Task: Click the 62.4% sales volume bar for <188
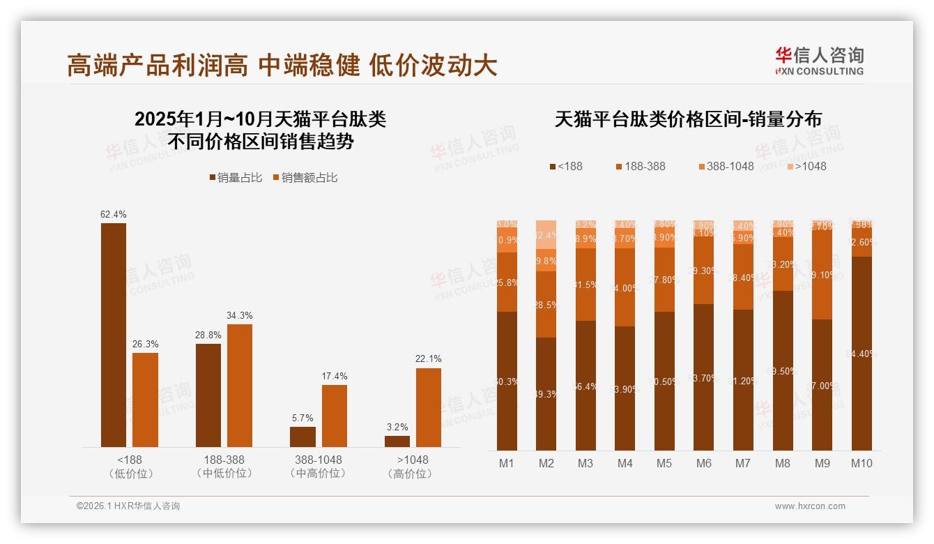[114, 335]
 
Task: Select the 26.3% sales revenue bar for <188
[145, 400]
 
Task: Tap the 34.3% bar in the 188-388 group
[239, 386]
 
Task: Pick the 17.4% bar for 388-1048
[334, 416]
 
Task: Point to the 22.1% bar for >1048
[428, 407]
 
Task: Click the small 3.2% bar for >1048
[397, 441]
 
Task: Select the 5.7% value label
[303, 418]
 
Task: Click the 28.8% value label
[208, 335]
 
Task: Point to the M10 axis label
[862, 463]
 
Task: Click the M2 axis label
[546, 463]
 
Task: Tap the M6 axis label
[704, 463]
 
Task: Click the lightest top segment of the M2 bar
[546, 234]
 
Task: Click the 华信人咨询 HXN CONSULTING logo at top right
[819, 61]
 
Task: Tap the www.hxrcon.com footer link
[810, 506]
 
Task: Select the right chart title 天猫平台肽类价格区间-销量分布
[688, 119]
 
